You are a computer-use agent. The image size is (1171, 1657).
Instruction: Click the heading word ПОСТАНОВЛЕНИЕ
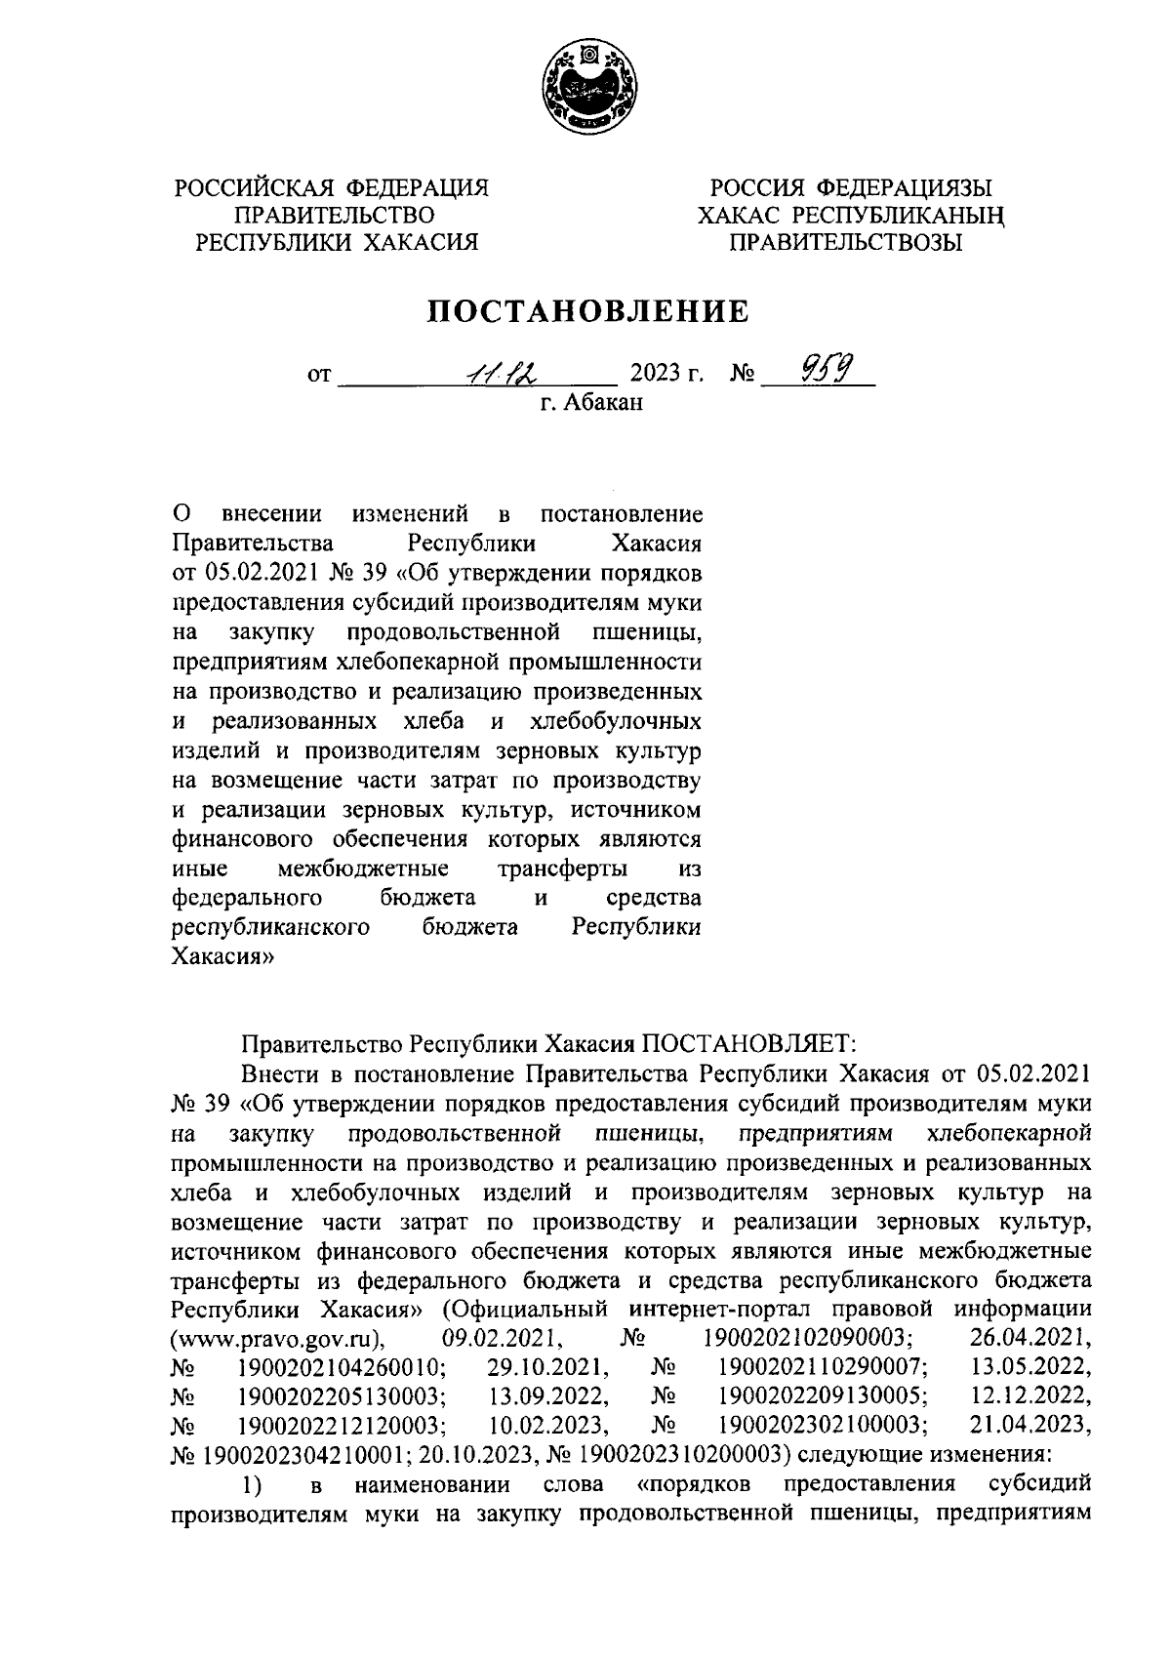pos(589,311)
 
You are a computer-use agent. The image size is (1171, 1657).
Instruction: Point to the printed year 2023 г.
pos(667,374)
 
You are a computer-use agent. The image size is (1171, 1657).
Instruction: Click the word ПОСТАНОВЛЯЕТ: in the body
pos(747,1045)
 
